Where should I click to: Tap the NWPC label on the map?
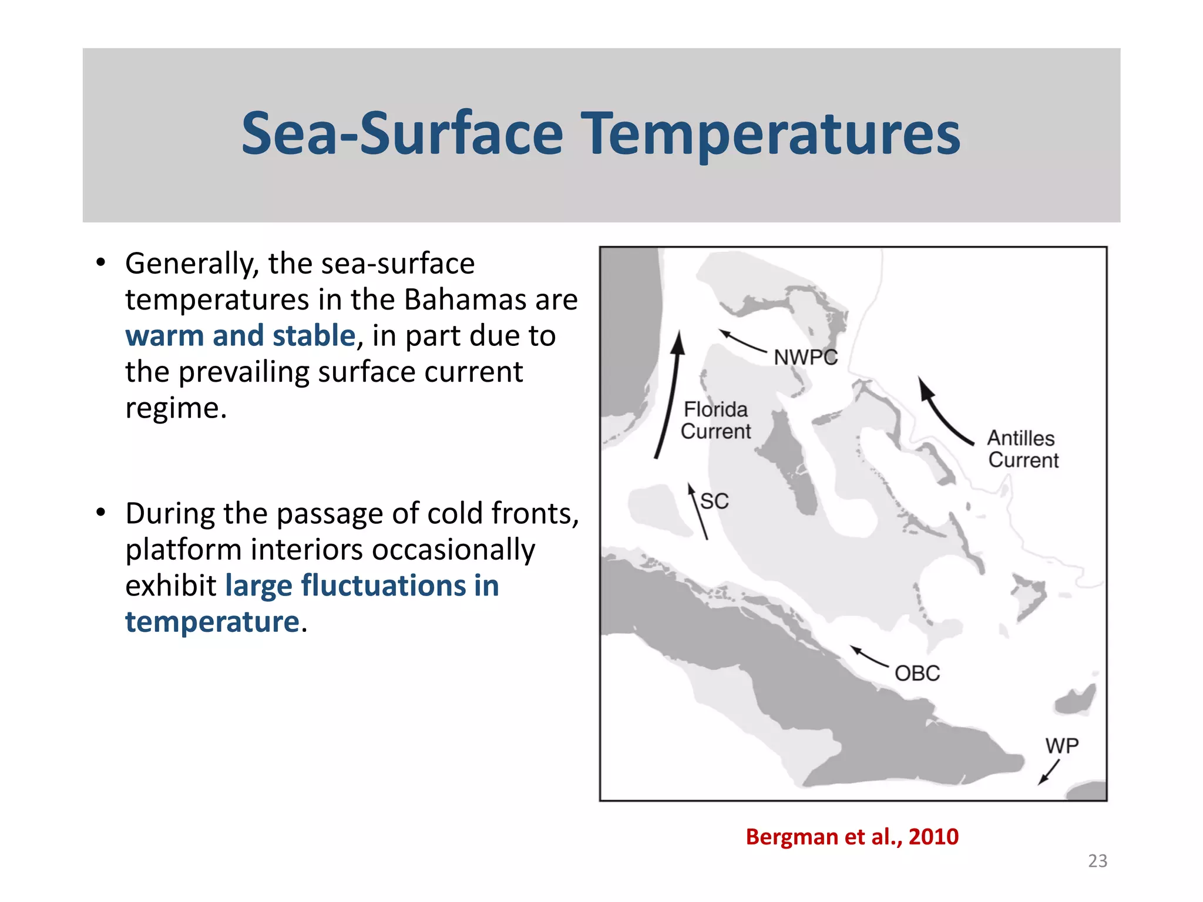click(x=805, y=357)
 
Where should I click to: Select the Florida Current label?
click(x=715, y=420)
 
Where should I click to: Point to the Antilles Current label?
click(x=1023, y=449)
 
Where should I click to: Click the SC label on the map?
click(x=715, y=502)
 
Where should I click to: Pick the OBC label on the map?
click(x=917, y=673)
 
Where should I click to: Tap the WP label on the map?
click(x=1061, y=746)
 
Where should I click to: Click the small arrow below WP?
click(x=1049, y=772)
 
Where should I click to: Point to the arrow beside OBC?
click(x=869, y=656)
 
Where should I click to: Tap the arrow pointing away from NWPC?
click(x=742, y=341)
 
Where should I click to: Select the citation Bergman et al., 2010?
click(x=852, y=836)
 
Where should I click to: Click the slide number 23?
click(x=1097, y=861)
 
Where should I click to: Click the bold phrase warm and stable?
click(x=240, y=336)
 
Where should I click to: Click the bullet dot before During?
click(x=101, y=513)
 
